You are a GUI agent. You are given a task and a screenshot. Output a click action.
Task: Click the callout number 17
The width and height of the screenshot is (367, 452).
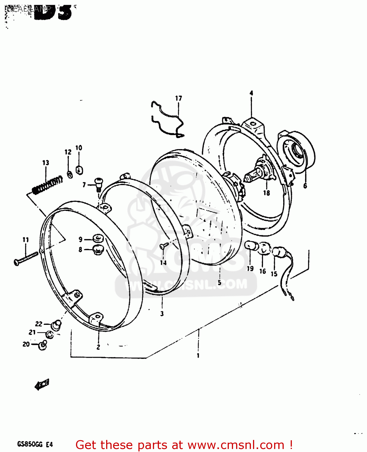coord(179,98)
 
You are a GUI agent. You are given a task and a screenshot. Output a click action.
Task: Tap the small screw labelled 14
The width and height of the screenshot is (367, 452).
coord(163,246)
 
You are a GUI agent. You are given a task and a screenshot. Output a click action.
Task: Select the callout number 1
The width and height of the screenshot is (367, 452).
coord(198,356)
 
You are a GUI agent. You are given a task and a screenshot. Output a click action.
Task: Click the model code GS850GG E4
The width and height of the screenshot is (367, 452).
coord(35,444)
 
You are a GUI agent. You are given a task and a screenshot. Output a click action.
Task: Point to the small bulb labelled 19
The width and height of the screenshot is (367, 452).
coord(252,246)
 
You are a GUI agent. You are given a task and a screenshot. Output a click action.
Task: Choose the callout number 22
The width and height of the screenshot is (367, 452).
coord(39,324)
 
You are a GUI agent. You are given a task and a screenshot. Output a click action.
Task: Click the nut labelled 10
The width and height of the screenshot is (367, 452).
coord(79,170)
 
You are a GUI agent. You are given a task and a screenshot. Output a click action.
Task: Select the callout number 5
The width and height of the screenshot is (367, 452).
coord(219,282)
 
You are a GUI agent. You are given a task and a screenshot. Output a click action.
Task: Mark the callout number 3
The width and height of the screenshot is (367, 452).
coord(162,314)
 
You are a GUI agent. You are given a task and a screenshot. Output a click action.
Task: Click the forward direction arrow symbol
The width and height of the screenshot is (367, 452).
coord(42,385)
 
